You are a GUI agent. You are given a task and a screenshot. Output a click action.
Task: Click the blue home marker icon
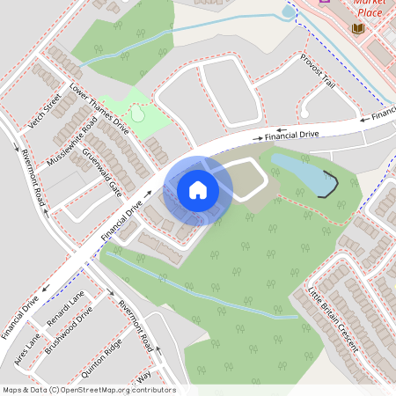197,189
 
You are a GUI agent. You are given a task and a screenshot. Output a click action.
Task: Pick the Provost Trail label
318,70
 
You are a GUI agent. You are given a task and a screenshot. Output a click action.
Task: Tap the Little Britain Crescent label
334,318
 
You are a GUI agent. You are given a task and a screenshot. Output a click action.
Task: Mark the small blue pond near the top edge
287,12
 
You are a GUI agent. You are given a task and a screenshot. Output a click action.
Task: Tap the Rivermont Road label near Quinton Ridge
136,324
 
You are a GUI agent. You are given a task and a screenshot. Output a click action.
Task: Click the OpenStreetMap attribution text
88,390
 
